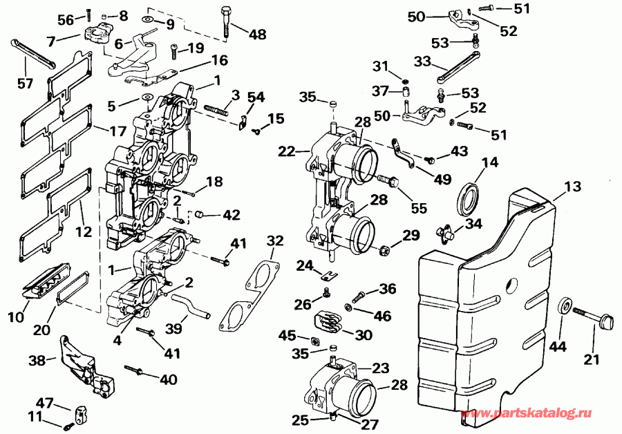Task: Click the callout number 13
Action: (x=572, y=187)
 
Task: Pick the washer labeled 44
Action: (x=564, y=305)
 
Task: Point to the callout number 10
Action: (x=16, y=317)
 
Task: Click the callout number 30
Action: (x=363, y=335)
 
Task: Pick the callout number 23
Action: (x=380, y=368)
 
